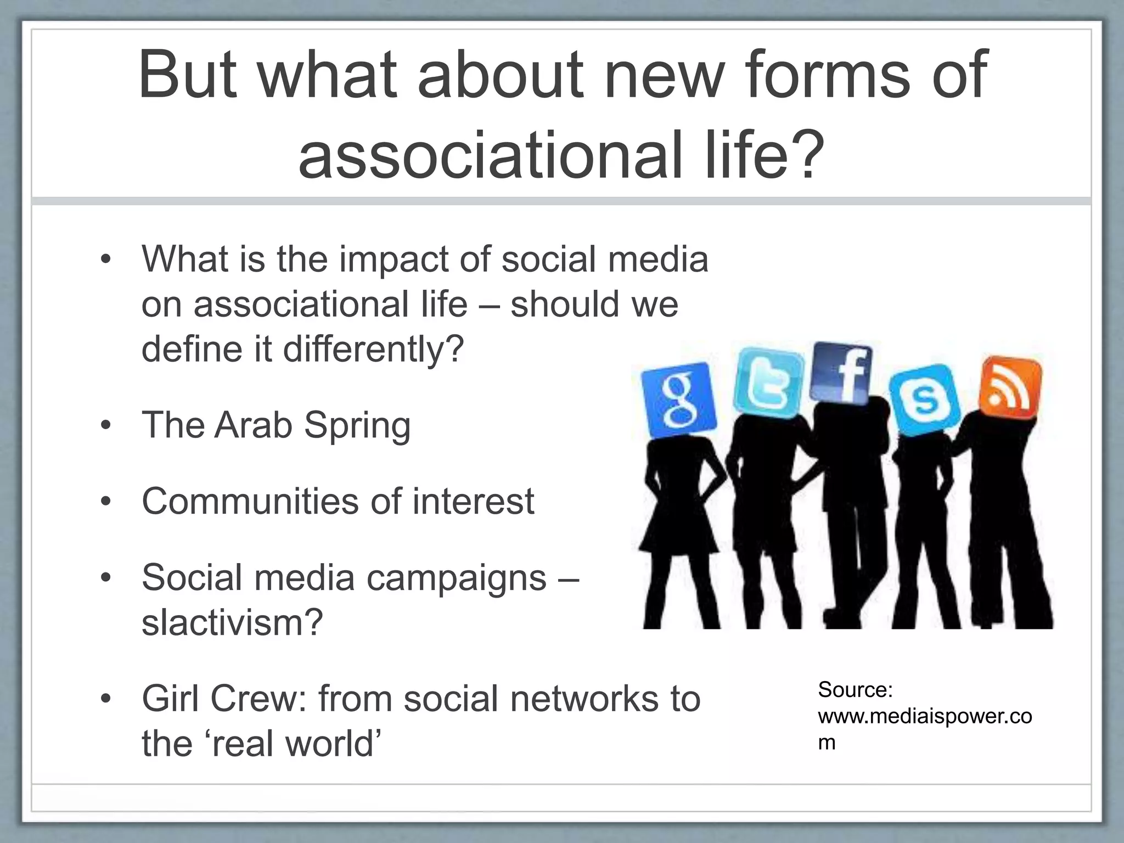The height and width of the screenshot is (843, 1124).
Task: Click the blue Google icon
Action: (x=678, y=401)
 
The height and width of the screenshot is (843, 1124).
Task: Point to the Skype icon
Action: (x=924, y=400)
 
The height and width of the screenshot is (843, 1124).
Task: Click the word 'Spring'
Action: (x=357, y=426)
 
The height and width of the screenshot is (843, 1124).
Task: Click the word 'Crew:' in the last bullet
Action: (x=258, y=699)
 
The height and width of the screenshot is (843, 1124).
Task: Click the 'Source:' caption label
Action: (x=855, y=689)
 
